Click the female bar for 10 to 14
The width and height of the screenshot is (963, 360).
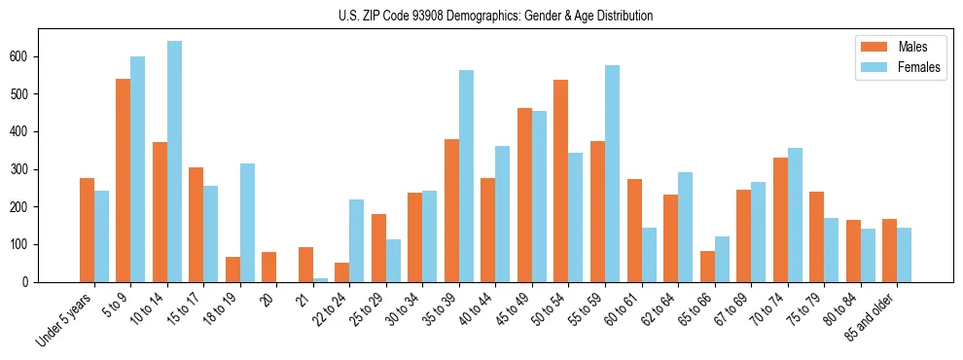(174, 162)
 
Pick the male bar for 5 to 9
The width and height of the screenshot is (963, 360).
(124, 180)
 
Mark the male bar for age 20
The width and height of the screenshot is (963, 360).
(269, 267)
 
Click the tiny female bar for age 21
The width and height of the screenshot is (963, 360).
(320, 280)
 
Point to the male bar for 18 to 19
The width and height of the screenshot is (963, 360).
(232, 270)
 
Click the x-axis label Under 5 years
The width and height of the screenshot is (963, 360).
(66, 320)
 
